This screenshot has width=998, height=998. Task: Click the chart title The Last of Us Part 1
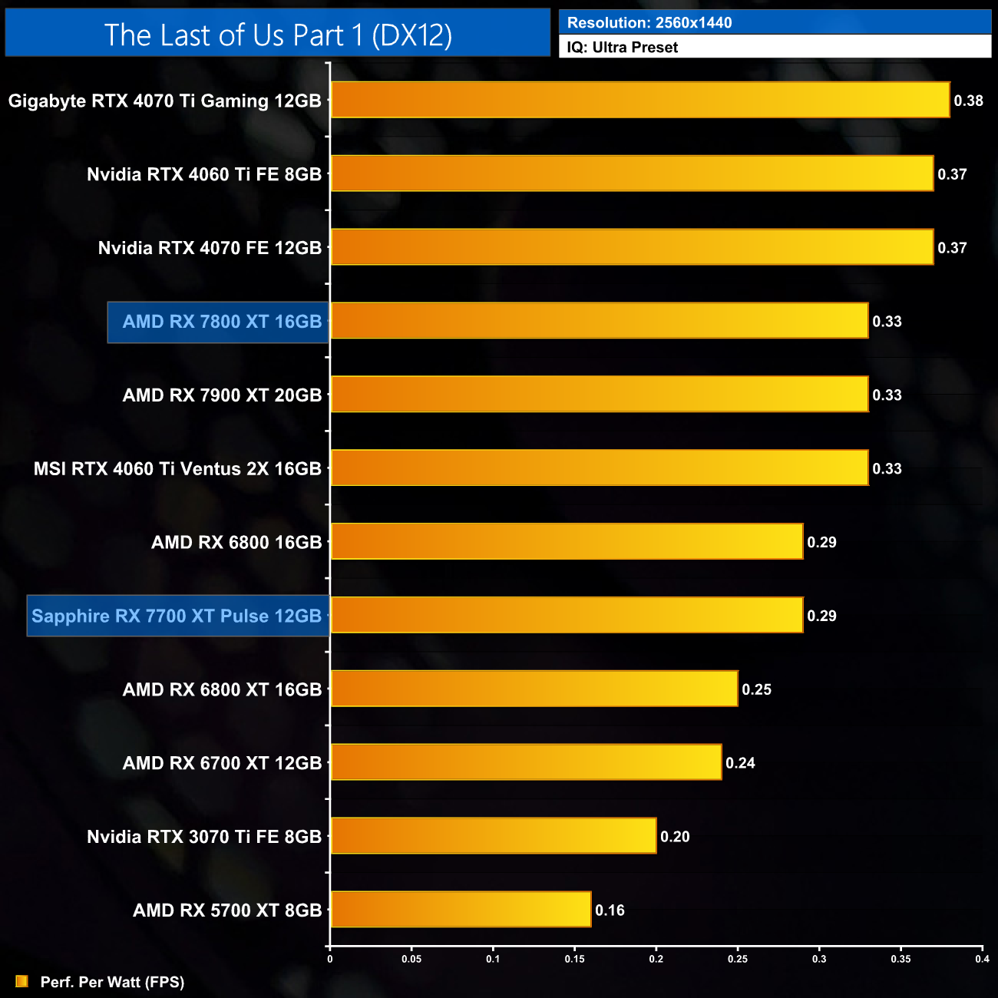pyautogui.click(x=278, y=35)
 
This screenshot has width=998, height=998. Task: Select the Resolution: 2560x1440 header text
pyautogui.click(x=649, y=22)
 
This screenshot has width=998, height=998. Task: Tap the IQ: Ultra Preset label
pyautogui.click(x=622, y=48)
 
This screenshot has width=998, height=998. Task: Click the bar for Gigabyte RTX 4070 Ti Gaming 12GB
pyautogui.click(x=639, y=100)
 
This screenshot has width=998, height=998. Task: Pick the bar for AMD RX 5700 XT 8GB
pyautogui.click(x=461, y=910)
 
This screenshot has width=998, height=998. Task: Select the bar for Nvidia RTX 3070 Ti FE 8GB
pyautogui.click(x=493, y=836)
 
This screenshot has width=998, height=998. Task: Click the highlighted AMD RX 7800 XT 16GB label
pyautogui.click(x=221, y=322)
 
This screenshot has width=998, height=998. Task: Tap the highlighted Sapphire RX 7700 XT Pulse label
pyautogui.click(x=177, y=616)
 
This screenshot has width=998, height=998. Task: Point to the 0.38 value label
pyautogui.click(x=968, y=101)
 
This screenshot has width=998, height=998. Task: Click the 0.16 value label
pyautogui.click(x=610, y=910)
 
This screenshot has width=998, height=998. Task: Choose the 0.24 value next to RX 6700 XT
pyautogui.click(x=740, y=763)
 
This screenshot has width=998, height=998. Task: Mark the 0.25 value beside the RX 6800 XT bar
pyautogui.click(x=756, y=689)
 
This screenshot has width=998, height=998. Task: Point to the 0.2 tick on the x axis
pyautogui.click(x=656, y=959)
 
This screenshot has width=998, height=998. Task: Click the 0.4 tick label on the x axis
pyautogui.click(x=982, y=959)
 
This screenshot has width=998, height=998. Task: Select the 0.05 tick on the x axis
pyautogui.click(x=411, y=959)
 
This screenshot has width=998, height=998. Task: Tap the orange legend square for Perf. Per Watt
pyautogui.click(x=21, y=981)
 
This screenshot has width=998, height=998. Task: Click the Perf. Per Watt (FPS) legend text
pyautogui.click(x=112, y=982)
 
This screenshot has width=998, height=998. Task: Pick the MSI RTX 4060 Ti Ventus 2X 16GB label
pyautogui.click(x=177, y=469)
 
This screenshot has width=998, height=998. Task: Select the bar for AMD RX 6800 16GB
pyautogui.click(x=567, y=541)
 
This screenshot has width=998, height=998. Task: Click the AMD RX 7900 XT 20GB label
pyautogui.click(x=222, y=395)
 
